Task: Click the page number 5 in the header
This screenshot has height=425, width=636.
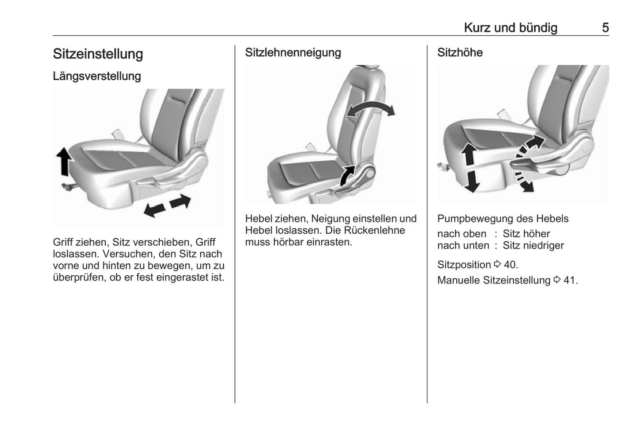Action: tap(605, 28)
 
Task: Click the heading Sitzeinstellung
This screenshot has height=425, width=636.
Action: tap(98, 54)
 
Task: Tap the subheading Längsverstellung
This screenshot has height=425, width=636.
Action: tap(97, 76)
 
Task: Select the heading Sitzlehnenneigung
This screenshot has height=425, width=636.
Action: tap(293, 53)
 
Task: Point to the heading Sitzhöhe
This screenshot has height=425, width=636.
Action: tap(460, 52)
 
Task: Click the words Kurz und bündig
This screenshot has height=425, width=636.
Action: tap(511, 28)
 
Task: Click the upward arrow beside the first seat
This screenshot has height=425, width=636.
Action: tap(64, 161)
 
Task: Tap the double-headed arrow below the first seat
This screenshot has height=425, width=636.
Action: tap(168, 206)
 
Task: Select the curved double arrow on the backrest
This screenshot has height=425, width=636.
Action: tap(371, 107)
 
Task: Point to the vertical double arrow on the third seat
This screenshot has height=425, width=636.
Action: tap(470, 168)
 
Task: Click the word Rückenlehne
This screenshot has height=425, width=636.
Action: tap(375, 230)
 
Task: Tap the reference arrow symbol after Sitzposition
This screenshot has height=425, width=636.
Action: tap(497, 265)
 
